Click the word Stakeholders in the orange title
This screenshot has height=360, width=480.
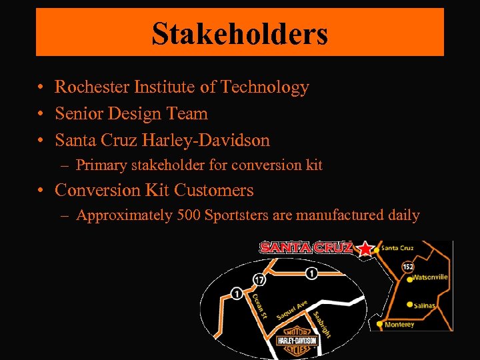point(239,33)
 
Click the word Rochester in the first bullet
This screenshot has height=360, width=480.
point(92,87)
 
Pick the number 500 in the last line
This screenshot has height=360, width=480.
point(189,215)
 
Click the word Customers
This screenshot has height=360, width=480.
point(213,190)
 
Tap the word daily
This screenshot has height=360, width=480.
point(402,215)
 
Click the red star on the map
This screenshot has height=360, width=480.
point(365,249)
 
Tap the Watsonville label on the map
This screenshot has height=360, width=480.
point(430,277)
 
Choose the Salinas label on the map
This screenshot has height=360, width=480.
point(424,306)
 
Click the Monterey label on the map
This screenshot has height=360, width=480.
point(399,325)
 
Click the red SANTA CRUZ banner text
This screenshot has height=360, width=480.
point(306,247)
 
